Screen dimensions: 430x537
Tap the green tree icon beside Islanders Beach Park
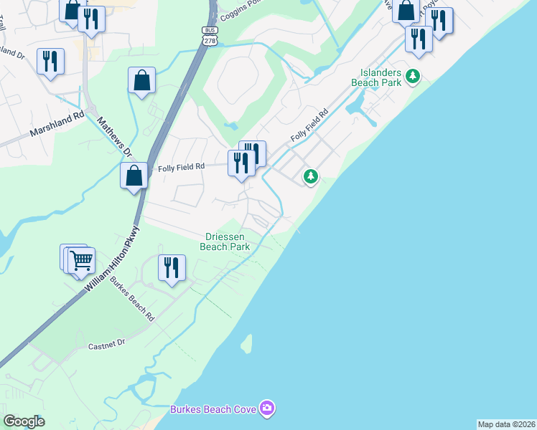[x=413, y=75]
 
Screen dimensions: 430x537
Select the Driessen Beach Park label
[x=228, y=242]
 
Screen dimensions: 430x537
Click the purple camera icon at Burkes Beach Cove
[x=267, y=408]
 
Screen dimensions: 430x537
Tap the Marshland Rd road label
[x=57, y=124]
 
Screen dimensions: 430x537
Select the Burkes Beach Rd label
[x=132, y=298]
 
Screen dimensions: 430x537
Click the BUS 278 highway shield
[x=210, y=36]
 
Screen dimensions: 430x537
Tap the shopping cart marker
[x=81, y=259]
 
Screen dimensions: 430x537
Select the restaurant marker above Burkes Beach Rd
[x=172, y=267]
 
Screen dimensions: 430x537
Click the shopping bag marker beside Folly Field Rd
[x=134, y=175]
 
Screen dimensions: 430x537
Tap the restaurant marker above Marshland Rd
[x=50, y=61]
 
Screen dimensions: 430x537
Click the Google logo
[x=24, y=421]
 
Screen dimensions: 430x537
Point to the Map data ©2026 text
[x=506, y=424]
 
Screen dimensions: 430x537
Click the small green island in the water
[x=247, y=343]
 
